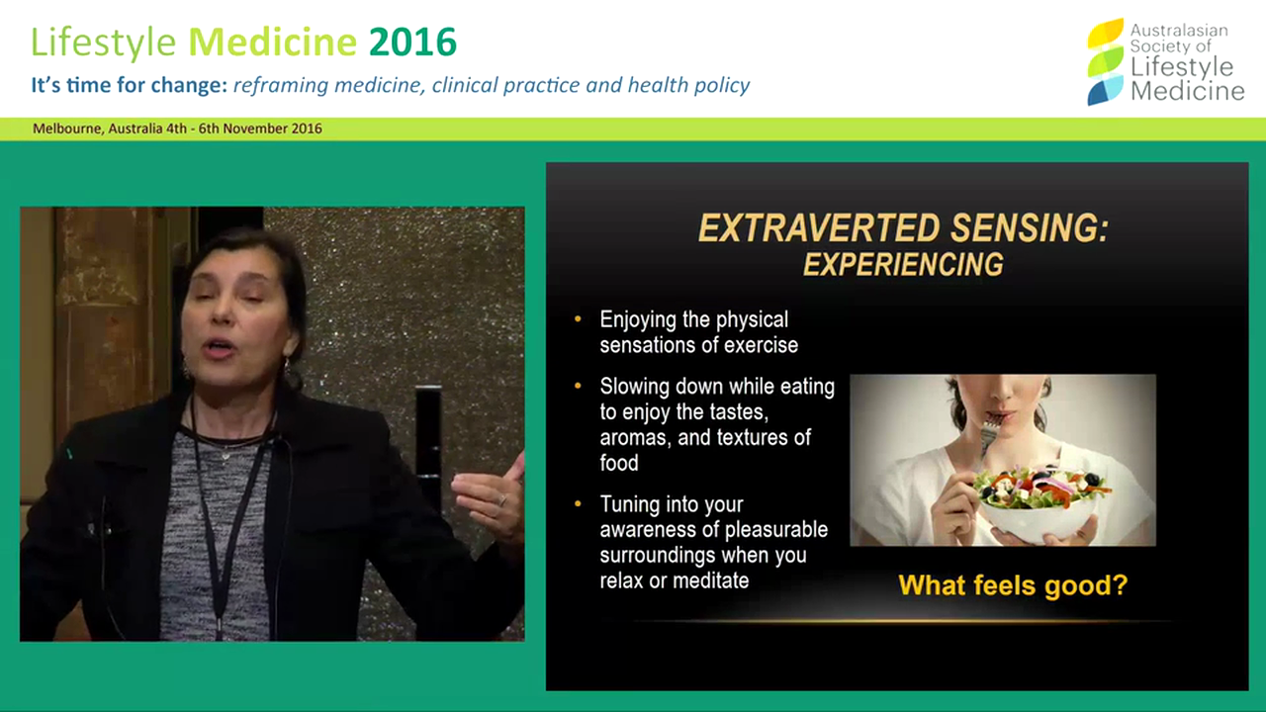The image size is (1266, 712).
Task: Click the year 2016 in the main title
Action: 412,43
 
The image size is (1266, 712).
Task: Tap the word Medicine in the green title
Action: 272,43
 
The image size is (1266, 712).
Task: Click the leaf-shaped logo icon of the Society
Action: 1105,61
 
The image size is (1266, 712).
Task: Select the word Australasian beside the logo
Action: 1179,31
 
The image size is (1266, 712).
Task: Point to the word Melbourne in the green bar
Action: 65,129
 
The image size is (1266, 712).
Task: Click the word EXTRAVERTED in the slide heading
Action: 813,229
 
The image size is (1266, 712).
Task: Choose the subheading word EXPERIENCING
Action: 902,265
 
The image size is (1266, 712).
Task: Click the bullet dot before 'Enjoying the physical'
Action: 579,319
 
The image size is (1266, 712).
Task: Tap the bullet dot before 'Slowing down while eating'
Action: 579,386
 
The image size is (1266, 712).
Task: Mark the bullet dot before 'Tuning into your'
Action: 579,504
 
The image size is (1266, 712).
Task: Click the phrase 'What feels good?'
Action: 1012,584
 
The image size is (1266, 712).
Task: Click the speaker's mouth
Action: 220,348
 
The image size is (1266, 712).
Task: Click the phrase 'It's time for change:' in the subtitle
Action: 130,85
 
